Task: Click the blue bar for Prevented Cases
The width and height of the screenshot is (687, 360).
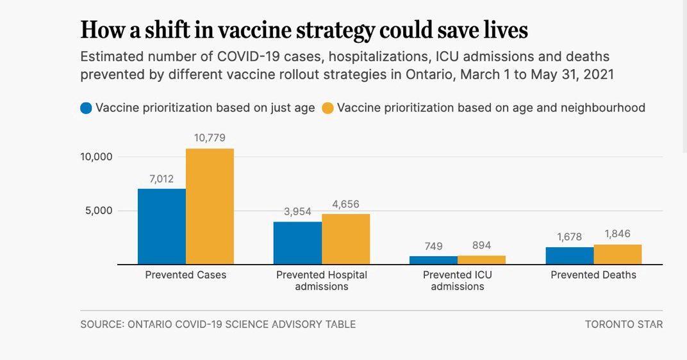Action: (161, 226)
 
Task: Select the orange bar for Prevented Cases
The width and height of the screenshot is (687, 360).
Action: (210, 206)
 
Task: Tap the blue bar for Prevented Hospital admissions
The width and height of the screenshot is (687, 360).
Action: (297, 243)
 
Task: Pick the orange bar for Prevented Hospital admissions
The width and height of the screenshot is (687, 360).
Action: (345, 239)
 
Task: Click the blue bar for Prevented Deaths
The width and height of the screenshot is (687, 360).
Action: (569, 256)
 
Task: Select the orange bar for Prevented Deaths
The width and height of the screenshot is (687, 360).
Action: (617, 254)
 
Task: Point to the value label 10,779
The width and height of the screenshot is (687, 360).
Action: (210, 138)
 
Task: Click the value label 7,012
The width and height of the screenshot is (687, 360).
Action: (161, 179)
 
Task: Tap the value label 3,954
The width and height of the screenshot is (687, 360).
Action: (297, 211)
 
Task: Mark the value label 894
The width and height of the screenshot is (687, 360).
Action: (481, 245)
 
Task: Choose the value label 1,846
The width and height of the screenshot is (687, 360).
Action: (617, 234)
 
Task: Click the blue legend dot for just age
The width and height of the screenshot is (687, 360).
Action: (86, 108)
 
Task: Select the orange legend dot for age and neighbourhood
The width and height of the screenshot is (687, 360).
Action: (327, 108)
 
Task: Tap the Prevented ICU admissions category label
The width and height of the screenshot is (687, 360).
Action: (458, 281)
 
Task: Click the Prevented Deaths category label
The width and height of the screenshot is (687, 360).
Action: (593, 275)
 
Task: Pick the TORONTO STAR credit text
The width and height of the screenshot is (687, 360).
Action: (624, 324)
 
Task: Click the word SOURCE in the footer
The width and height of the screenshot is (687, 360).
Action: (101, 324)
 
